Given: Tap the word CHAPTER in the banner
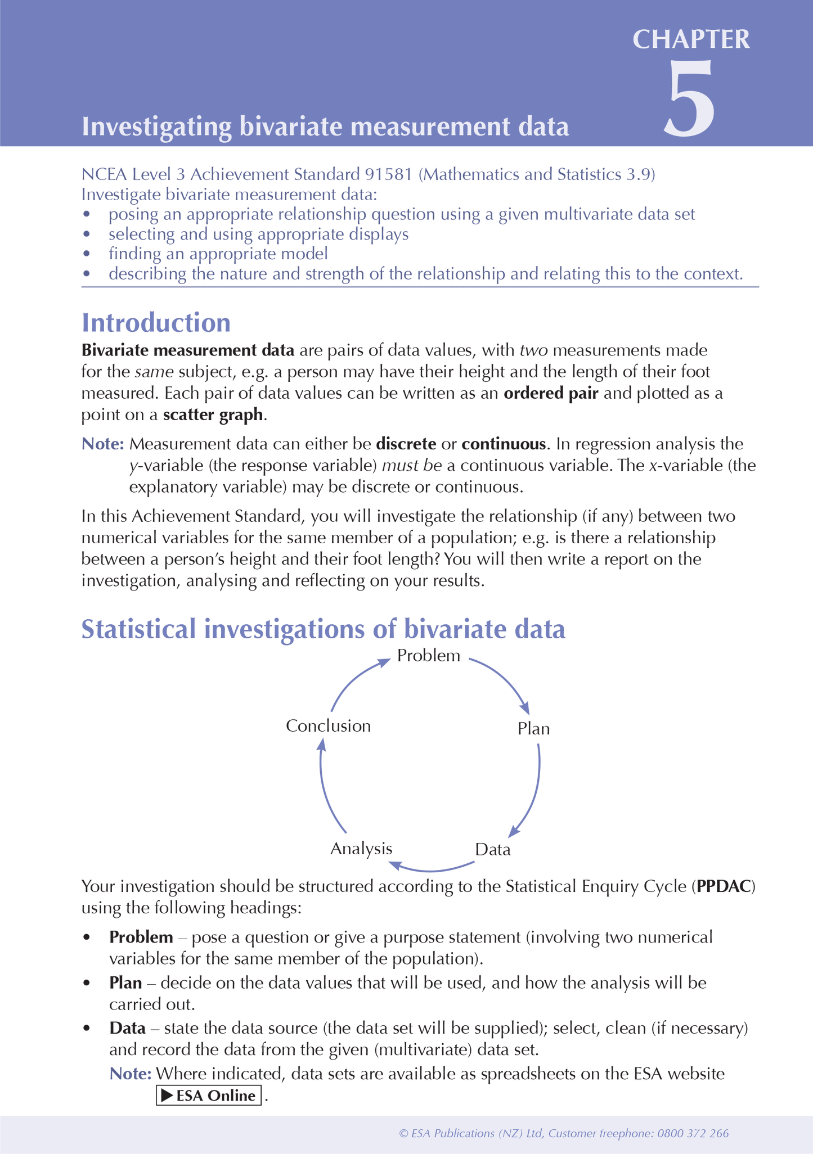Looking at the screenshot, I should [x=691, y=40].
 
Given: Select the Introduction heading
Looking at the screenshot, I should [x=156, y=323].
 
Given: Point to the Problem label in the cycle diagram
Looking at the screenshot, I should [x=428, y=656].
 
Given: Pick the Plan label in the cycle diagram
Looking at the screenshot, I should [x=533, y=729].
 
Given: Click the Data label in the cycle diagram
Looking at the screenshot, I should [x=492, y=849].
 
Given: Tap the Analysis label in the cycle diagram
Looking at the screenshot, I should [x=361, y=849].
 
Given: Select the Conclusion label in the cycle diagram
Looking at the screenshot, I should [x=328, y=726].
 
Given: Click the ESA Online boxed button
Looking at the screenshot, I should [x=208, y=1096].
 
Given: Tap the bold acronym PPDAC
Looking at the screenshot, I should [x=723, y=887].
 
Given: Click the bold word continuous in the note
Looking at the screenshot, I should [x=503, y=444].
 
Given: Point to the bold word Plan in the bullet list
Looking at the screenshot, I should [x=125, y=983].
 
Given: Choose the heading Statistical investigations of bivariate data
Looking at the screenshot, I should [x=323, y=629].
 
